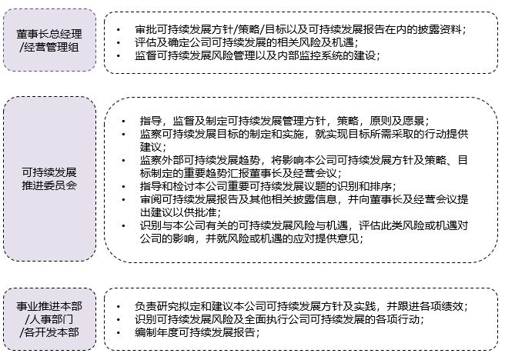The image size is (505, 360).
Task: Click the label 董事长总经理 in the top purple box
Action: pos(49,34)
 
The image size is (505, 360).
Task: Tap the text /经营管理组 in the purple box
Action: pos(49,47)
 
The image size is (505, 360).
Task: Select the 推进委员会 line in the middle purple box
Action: pos(49,185)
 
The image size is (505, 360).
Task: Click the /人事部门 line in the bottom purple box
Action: pos(49,319)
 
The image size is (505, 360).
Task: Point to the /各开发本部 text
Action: pos(49,332)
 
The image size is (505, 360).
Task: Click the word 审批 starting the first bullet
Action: pos(146,29)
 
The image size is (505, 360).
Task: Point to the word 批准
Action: pos(206,212)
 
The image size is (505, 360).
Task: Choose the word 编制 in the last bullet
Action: pos(146,332)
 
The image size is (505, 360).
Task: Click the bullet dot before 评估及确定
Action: pos(119,43)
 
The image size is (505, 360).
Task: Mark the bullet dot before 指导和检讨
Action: pos(124,187)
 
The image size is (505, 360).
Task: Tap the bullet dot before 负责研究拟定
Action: pos(119,306)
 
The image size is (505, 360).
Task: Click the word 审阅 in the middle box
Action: pos(151,199)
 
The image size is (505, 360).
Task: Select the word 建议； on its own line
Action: pos(153,147)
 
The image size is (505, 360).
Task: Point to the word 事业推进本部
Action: pos(49,306)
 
